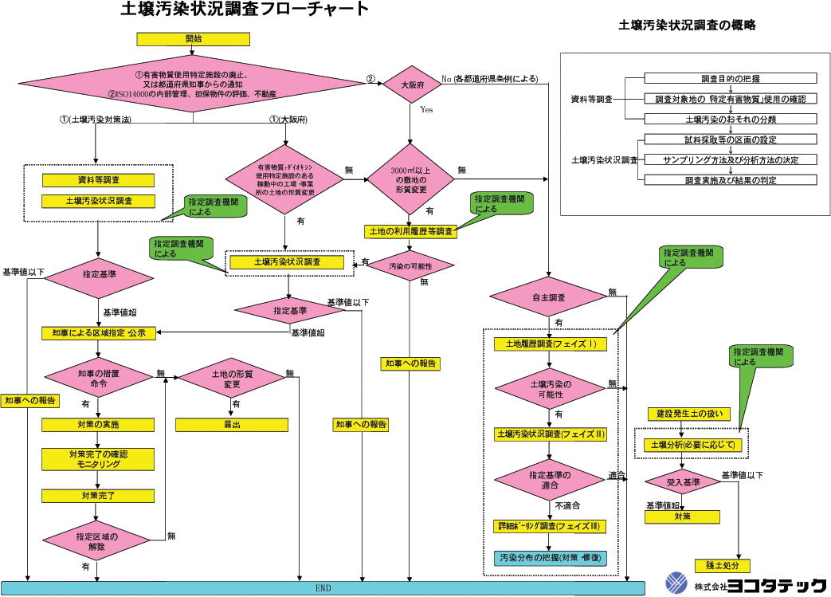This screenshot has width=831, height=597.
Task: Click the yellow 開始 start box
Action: point(194,38)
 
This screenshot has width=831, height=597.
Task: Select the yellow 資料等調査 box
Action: point(98,180)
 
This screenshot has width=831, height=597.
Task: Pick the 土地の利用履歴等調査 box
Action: point(410,231)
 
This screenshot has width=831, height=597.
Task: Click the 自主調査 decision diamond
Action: point(549,297)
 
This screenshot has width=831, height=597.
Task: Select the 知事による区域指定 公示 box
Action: point(99,333)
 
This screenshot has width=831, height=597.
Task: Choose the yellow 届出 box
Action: point(233,425)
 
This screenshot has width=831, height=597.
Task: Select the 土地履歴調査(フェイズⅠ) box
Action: point(551,344)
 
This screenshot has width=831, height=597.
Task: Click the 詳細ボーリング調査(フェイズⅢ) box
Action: point(551,526)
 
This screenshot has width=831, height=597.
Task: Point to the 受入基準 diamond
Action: point(683,482)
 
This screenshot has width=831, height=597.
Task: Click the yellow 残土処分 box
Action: point(722,565)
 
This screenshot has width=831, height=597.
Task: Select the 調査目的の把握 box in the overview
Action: point(730,79)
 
